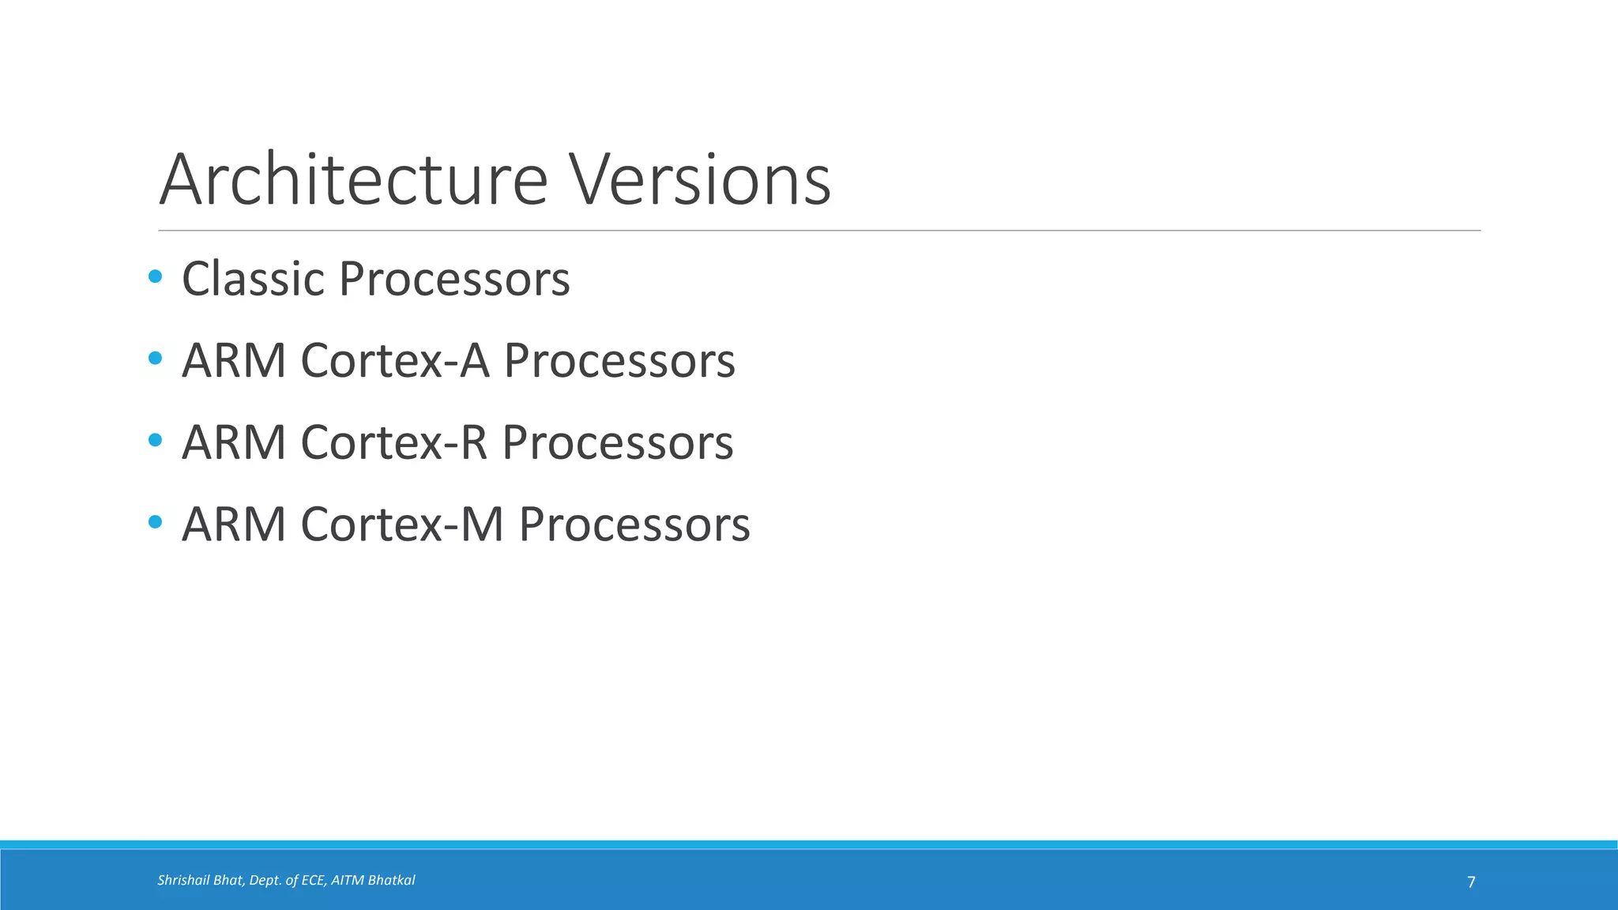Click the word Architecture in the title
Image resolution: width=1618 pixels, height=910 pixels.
click(353, 180)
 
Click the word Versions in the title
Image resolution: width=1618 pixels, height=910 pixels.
click(699, 180)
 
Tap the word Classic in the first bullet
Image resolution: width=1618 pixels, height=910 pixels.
click(253, 279)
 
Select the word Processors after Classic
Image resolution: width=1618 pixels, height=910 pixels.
click(454, 279)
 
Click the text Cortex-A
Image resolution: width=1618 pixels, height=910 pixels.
click(395, 361)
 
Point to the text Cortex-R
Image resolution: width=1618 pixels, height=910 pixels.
click(394, 442)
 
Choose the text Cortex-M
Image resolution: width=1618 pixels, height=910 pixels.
click(402, 525)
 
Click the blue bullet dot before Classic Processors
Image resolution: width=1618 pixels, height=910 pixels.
click(155, 276)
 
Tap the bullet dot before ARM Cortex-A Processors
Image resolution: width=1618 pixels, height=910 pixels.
click(155, 359)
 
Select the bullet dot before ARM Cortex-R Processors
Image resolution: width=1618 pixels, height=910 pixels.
click(155, 440)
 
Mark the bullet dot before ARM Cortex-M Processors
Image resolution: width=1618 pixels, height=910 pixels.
click(155, 522)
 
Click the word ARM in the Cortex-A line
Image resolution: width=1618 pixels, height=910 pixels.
click(234, 361)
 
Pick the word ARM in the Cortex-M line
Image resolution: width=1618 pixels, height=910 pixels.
click(234, 525)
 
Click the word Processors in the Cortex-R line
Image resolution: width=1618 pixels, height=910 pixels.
click(618, 442)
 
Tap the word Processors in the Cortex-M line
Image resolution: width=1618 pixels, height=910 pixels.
click(634, 525)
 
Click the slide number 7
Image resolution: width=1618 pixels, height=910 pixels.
click(1471, 882)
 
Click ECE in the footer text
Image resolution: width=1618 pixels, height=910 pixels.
click(313, 880)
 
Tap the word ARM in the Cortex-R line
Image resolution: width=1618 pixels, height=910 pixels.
click(234, 442)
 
